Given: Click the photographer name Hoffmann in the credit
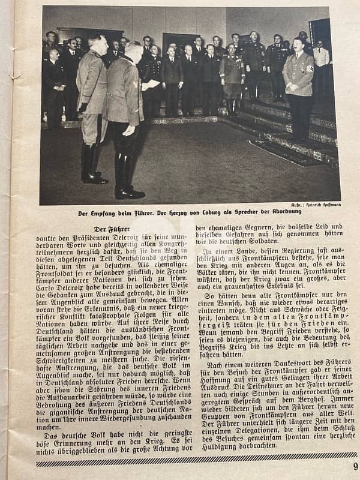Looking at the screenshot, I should (329, 205).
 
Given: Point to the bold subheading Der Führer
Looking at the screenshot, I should (112, 229).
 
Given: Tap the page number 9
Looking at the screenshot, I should (355, 466).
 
